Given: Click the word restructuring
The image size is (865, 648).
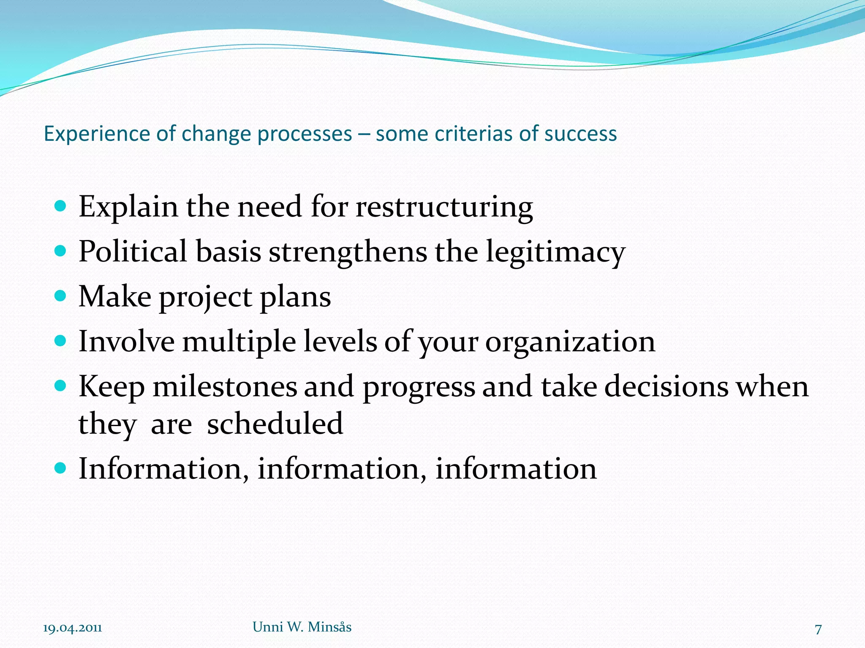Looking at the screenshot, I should (x=444, y=208).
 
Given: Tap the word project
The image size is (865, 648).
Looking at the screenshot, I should (x=205, y=298).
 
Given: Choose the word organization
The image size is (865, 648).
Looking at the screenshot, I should (x=570, y=342).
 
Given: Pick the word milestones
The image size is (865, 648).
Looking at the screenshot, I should (x=224, y=386).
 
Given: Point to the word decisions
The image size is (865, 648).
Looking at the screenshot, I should (x=666, y=386).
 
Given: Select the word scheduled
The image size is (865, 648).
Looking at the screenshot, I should (x=275, y=424).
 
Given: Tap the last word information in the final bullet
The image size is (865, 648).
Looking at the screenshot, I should (x=516, y=469).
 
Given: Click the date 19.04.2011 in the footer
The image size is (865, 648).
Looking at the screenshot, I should (x=72, y=628).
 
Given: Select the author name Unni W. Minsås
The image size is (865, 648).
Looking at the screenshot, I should (x=302, y=627).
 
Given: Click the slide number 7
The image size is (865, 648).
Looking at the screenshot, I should (x=818, y=629).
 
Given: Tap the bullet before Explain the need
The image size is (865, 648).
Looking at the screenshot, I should (x=61, y=206).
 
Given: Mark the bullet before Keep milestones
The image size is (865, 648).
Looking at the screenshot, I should (x=61, y=385).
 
